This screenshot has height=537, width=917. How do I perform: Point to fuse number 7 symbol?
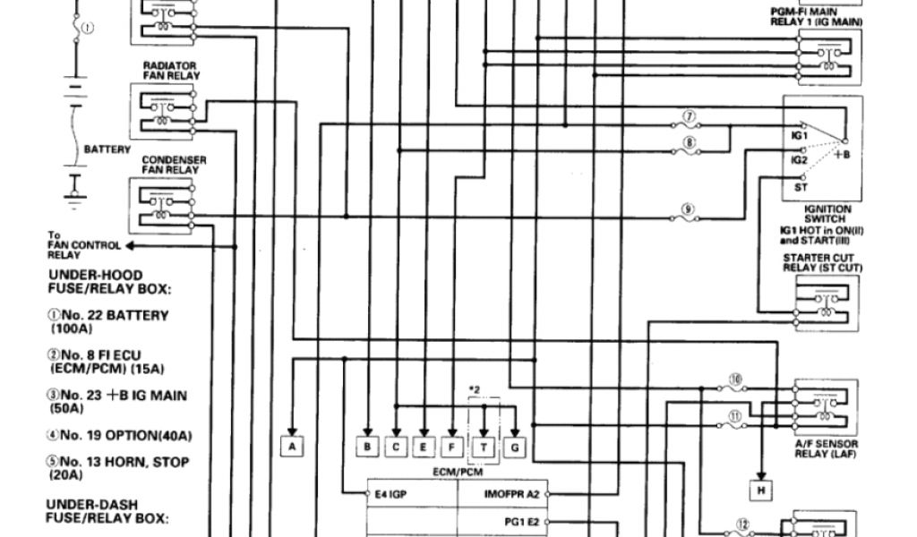click(x=689, y=124)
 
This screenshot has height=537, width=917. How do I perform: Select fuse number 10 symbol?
click(x=736, y=386)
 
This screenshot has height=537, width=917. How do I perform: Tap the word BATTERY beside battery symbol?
click(x=107, y=149)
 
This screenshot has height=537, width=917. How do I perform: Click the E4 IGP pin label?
click(x=391, y=493)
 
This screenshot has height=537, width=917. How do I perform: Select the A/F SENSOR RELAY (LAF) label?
click(x=825, y=448)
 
